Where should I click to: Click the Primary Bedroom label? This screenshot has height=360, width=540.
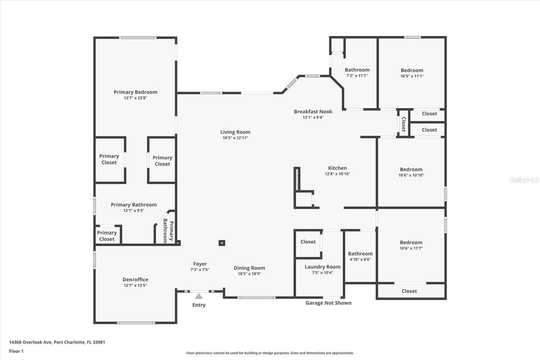(135, 92)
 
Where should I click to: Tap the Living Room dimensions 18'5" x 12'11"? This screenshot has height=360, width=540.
(235, 138)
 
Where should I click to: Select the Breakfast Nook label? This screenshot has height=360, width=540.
(313, 111)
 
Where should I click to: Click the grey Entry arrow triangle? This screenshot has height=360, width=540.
(199, 296)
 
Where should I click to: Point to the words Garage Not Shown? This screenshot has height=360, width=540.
(328, 303)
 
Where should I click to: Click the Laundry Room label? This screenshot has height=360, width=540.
(322, 267)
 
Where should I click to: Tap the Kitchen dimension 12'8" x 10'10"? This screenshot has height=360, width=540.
(337, 174)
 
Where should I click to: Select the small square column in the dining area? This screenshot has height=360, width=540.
(222, 243)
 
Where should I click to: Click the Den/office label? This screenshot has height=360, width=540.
(135, 280)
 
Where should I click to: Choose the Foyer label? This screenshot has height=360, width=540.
(200, 264)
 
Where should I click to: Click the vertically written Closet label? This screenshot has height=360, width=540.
(403, 124)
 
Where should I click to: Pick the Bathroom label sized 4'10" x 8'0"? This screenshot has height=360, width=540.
(360, 254)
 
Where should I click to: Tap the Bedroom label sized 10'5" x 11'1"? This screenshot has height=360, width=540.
(412, 70)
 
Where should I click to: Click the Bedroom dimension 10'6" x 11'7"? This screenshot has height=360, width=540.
(411, 248)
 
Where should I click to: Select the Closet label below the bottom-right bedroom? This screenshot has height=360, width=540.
(409, 291)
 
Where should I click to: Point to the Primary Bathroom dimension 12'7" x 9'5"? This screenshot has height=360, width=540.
(134, 210)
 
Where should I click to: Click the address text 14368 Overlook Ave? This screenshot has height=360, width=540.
(30, 342)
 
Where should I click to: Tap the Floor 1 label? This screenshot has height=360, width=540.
(16, 351)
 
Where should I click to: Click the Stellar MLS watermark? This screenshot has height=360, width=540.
(524, 180)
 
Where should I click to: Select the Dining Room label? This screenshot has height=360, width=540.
(249, 268)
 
